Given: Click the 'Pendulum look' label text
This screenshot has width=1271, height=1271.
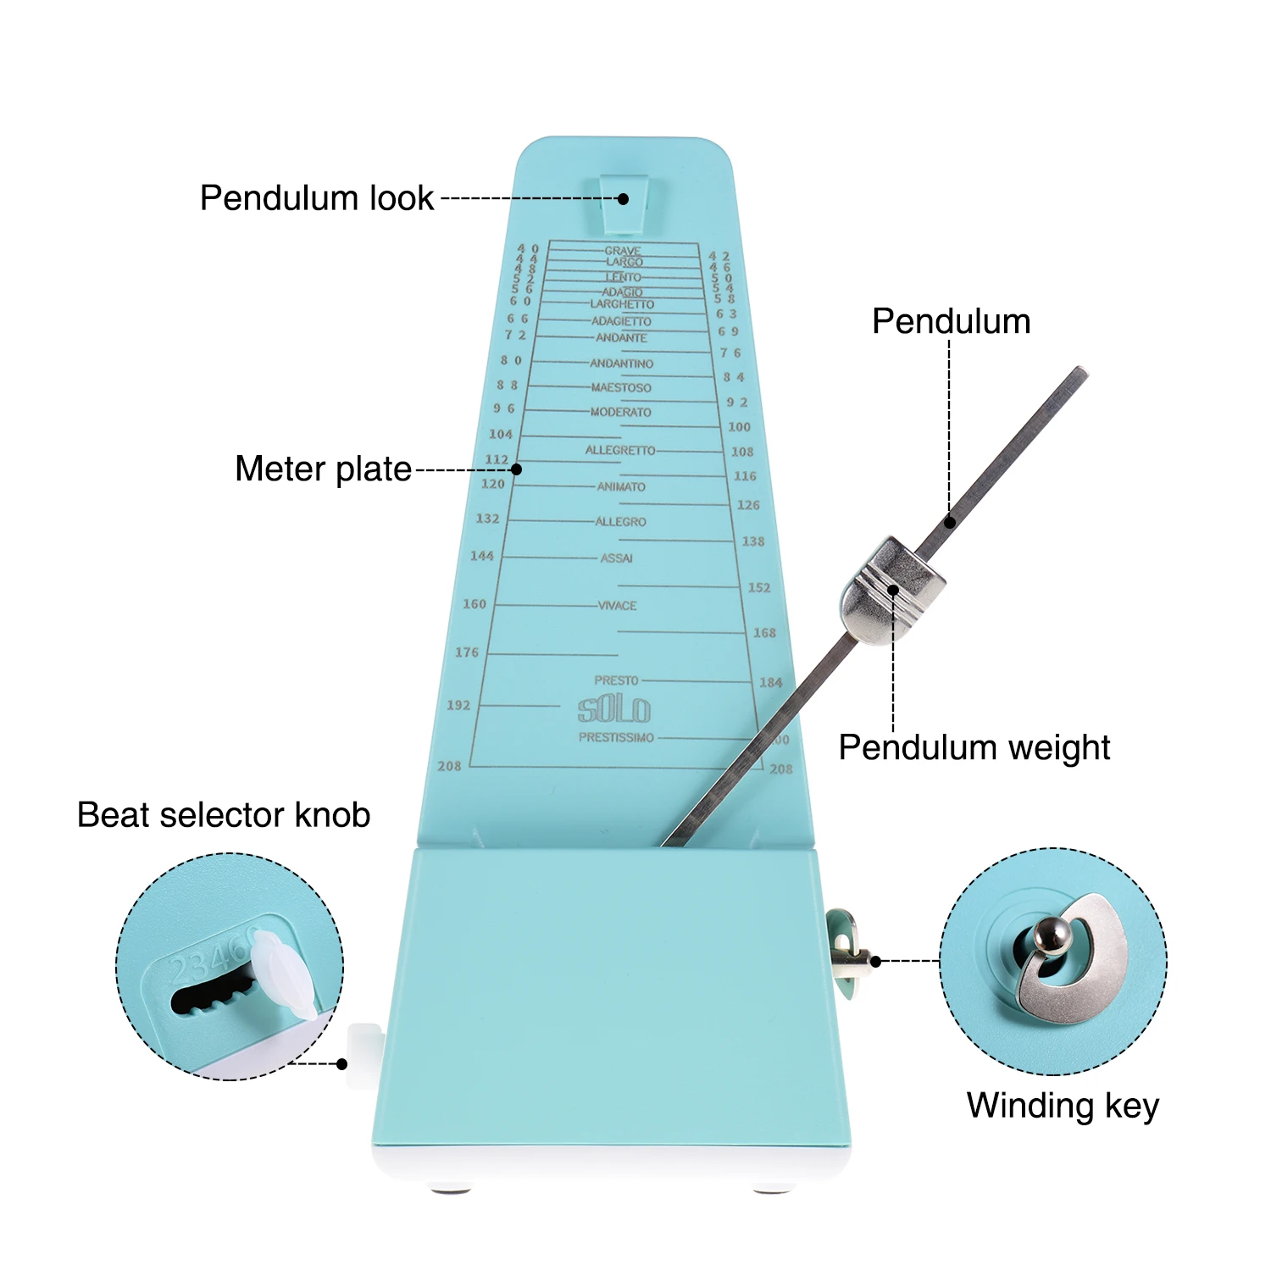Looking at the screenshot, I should tap(317, 198).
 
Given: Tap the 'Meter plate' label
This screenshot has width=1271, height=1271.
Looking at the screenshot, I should tap(323, 469).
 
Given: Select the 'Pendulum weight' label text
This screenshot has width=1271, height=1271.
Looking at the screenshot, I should tap(974, 747).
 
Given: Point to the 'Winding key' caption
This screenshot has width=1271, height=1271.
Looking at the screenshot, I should tap(1063, 1105).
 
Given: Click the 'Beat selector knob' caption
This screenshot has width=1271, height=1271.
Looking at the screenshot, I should tap(224, 814).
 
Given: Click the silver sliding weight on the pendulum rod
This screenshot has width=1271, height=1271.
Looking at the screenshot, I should tap(892, 590).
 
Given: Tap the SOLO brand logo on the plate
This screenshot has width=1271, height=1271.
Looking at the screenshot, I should tap(614, 709).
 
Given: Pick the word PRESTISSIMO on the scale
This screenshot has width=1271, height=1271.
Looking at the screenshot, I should tap(616, 737).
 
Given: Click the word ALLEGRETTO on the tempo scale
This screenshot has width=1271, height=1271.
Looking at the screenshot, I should tap(620, 450).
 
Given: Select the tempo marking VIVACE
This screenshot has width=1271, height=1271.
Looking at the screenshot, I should tap(618, 606).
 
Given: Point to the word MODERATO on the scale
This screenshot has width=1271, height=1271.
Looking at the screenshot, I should tap(621, 412).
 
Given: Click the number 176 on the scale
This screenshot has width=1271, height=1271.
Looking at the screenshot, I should tap(467, 652).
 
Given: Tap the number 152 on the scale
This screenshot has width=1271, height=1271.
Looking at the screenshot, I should tap(759, 587).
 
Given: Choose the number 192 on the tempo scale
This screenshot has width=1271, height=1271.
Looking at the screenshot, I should tap(458, 705).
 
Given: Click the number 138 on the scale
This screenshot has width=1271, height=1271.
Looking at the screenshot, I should tap(753, 541).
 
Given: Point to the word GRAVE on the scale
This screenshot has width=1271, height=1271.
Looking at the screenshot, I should tap(623, 251).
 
